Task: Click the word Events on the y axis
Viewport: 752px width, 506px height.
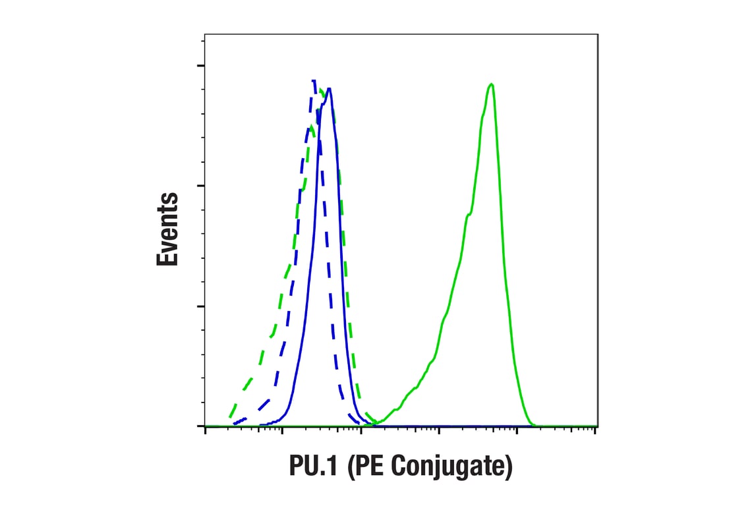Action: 167,229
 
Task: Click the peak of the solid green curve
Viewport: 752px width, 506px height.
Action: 491,84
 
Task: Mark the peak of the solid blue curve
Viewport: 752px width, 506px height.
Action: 329,88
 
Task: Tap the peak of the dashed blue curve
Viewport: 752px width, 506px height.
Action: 313,80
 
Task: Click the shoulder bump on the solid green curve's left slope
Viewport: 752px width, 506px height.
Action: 469,214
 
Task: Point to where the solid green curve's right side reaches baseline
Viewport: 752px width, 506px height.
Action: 534,425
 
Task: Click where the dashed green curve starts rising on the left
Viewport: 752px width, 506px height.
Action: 229,418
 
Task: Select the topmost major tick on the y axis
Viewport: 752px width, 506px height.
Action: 200,65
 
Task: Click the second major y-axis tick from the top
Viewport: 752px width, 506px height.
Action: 200,185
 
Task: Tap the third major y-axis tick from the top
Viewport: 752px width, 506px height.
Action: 200,306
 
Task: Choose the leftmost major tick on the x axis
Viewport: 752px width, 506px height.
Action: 206,430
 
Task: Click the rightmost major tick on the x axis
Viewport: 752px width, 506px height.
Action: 594,430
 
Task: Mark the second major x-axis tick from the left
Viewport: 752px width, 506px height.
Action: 283,430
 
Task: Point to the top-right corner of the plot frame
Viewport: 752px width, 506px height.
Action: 598,34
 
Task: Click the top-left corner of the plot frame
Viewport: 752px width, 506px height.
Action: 204,34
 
